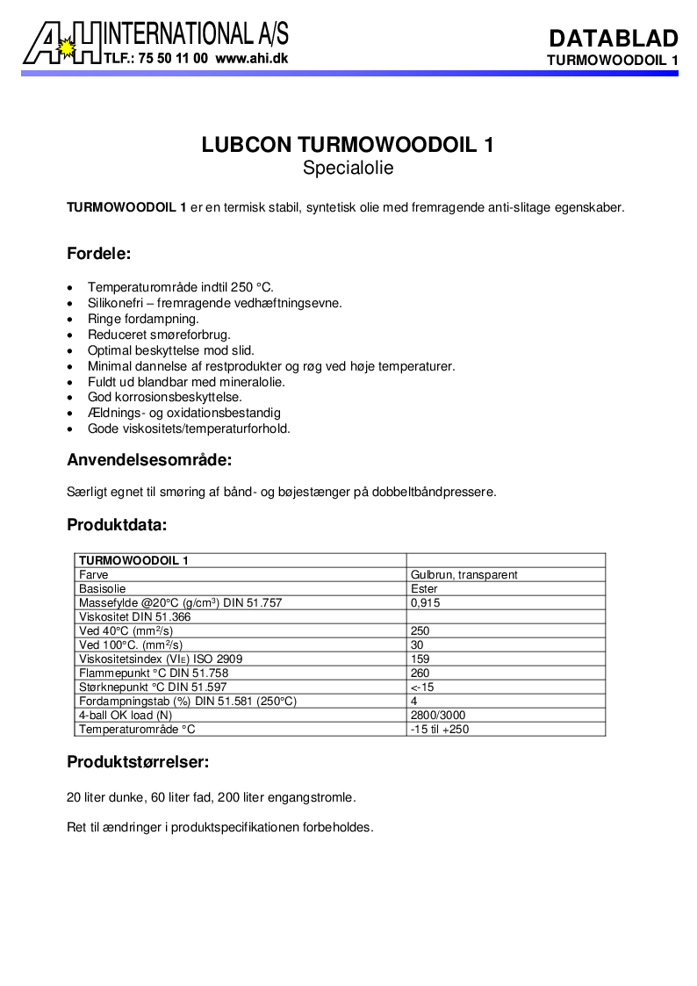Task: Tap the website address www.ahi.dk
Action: [251, 59]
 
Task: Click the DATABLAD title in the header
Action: [614, 38]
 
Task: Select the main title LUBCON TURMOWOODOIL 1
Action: [348, 145]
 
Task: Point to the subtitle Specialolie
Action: [348, 168]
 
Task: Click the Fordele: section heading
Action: [99, 255]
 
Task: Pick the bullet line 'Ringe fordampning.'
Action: [143, 319]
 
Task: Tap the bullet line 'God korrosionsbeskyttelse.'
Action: [165, 397]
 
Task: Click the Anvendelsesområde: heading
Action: [149, 459]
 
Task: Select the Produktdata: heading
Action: [117, 525]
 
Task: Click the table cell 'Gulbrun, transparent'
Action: [463, 574]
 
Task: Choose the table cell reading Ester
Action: [424, 588]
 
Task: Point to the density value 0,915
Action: [425, 602]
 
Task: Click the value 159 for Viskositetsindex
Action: [420, 659]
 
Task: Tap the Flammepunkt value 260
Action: [420, 673]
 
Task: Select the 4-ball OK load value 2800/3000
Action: [438, 715]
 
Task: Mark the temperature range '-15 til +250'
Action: [439, 729]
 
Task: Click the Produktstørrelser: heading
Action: [138, 762]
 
